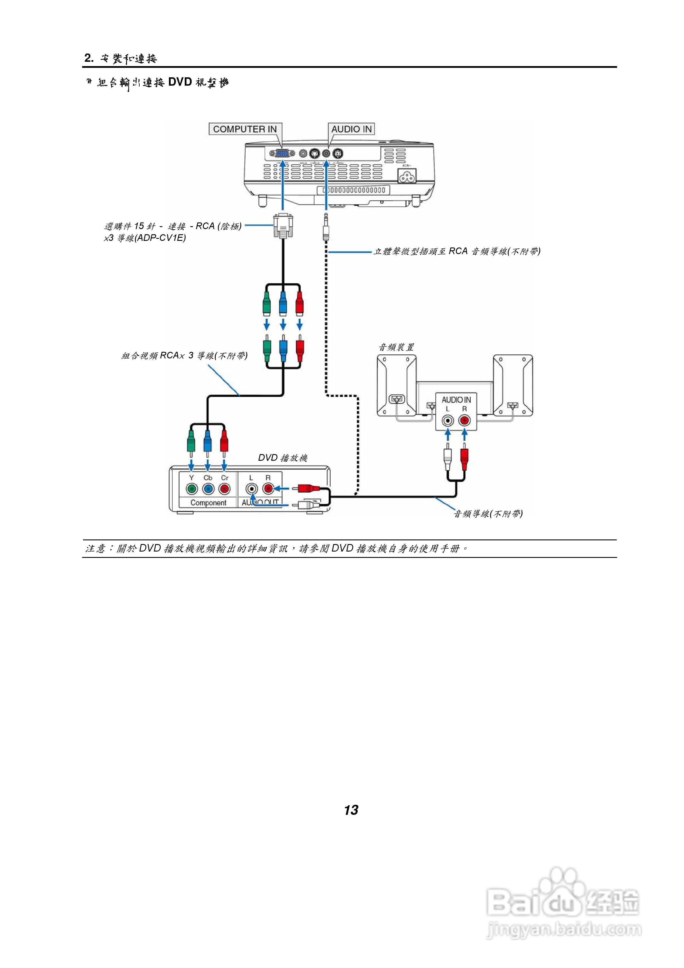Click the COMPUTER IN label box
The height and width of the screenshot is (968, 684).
245,129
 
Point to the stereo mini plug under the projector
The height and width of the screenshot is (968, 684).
326,228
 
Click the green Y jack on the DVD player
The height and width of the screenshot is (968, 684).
192,489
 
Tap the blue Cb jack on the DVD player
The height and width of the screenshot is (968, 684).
208,489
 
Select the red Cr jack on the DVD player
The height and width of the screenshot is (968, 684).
225,489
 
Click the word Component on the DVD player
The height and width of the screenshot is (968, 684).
208,503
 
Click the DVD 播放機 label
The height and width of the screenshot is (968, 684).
282,458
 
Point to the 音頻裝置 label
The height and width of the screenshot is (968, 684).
396,347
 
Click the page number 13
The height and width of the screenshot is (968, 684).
351,810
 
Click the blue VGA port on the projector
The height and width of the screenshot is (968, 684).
282,153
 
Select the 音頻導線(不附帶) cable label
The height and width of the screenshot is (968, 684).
488,514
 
